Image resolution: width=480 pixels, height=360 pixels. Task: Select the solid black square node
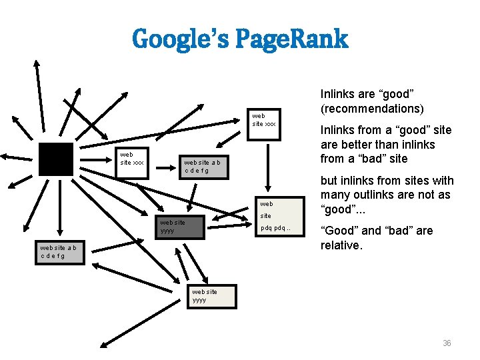click(55, 159)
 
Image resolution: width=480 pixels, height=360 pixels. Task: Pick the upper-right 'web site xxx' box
click(266, 119)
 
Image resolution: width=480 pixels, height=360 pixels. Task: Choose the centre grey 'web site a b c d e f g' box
click(206, 167)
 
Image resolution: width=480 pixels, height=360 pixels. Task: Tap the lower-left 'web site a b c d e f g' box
click(61, 252)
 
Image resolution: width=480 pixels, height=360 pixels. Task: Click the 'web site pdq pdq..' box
click(276, 215)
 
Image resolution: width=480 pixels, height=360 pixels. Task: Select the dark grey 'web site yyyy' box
click(179, 227)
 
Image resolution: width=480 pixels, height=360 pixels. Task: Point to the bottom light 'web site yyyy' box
click(210, 295)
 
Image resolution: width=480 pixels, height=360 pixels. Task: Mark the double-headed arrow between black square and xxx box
click(95, 159)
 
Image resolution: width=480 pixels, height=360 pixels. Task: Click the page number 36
click(447, 343)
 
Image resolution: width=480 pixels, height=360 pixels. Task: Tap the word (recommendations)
click(371, 108)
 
